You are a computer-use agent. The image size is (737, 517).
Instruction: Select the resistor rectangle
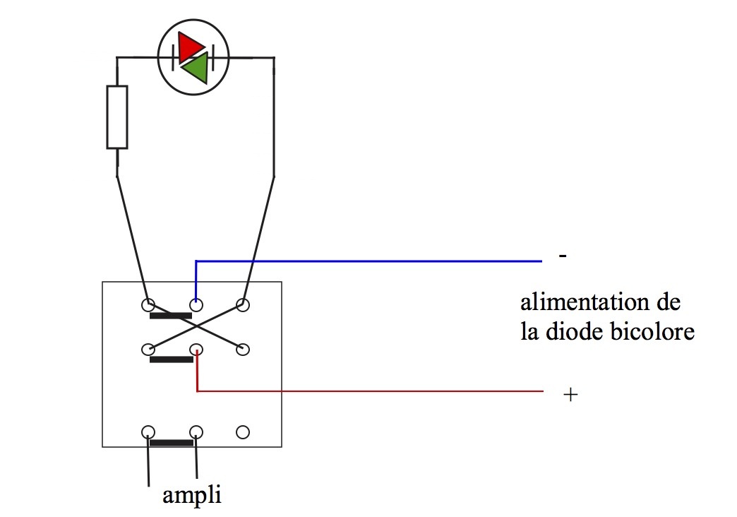[x=117, y=117]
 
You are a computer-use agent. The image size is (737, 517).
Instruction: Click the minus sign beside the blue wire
[x=562, y=256]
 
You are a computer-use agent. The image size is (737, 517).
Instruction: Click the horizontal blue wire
[x=367, y=261]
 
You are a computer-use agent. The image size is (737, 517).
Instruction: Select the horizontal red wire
[x=367, y=391]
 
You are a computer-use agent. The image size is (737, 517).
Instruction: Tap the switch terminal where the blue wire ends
[x=196, y=305]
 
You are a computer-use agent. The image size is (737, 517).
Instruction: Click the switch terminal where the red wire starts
[x=197, y=349]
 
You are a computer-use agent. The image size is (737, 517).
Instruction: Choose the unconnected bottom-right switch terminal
[x=242, y=432]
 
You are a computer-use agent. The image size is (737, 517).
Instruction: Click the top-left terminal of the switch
[x=148, y=305]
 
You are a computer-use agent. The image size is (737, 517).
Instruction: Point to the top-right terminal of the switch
[x=243, y=305]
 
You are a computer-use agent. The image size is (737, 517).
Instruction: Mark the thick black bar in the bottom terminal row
[x=172, y=444]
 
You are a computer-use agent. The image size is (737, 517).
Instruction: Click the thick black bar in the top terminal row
[x=172, y=316]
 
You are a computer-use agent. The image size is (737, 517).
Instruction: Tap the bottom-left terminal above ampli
[x=148, y=432]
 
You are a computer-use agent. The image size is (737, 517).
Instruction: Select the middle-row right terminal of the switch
[x=243, y=349]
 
